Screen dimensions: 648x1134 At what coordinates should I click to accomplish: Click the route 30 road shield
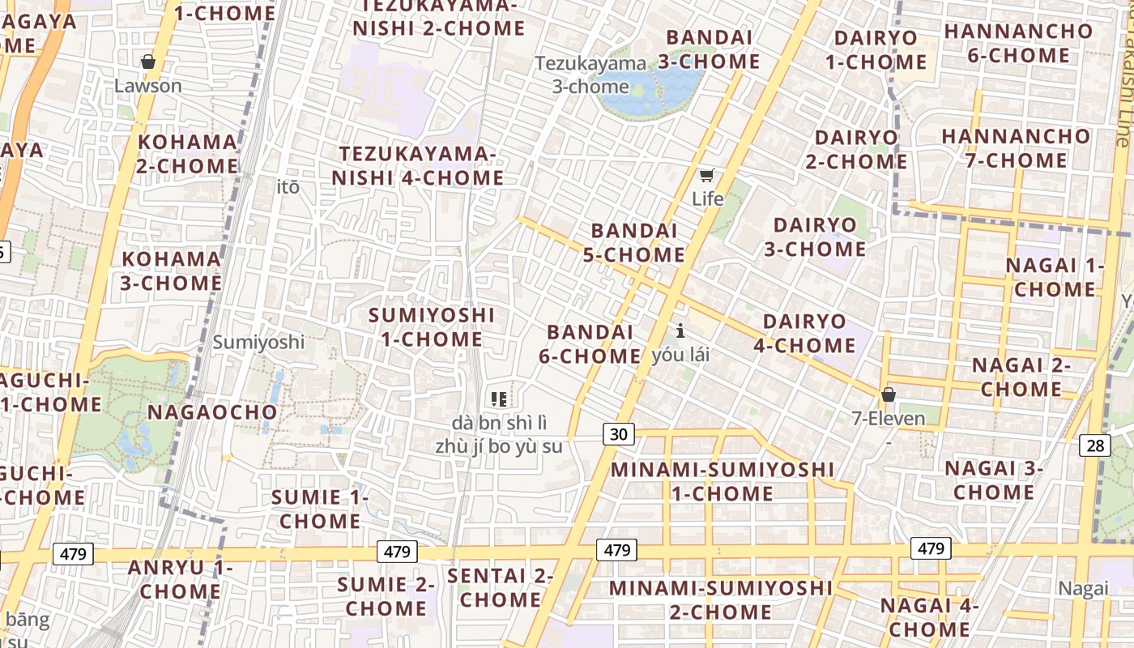[x=618, y=434]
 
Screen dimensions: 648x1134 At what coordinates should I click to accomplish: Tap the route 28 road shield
[x=1095, y=445]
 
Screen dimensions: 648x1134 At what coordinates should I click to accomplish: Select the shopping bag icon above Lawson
[x=148, y=62]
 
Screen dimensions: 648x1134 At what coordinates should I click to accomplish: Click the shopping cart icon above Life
[x=707, y=175]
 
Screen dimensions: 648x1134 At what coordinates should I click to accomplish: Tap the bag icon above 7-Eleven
[x=889, y=394]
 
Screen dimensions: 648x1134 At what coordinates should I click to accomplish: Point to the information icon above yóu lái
[x=680, y=330]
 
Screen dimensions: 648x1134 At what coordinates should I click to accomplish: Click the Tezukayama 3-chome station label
[x=590, y=75]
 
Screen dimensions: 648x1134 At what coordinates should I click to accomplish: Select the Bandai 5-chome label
[x=633, y=243]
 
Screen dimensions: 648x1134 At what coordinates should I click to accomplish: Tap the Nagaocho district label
[x=212, y=412]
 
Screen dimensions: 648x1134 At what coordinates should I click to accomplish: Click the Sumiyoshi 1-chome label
[x=432, y=326]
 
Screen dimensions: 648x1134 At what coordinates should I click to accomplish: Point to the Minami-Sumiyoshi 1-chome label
[x=722, y=481]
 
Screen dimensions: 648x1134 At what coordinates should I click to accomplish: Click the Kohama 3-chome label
[x=171, y=271]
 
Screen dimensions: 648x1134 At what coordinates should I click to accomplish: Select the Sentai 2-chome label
[x=500, y=588]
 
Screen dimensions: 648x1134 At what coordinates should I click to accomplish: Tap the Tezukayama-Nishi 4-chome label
[x=421, y=165]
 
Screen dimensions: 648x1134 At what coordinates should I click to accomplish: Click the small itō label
[x=288, y=187]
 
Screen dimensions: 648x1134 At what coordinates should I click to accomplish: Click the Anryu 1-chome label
[x=180, y=579]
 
